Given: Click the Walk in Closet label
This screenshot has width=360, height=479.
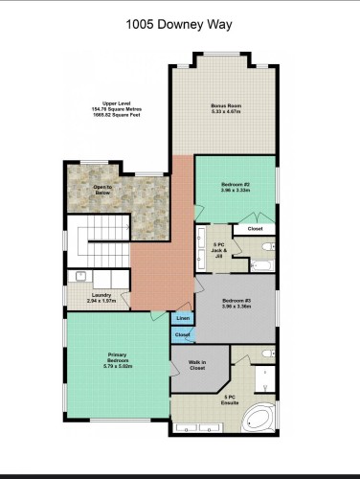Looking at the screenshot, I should pyautogui.click(x=196, y=367).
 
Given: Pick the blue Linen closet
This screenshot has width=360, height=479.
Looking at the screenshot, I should pyautogui.click(x=183, y=319).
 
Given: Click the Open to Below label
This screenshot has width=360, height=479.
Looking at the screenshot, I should pyautogui.click(x=103, y=190).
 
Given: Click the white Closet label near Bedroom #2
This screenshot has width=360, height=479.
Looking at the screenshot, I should pyautogui.click(x=255, y=229).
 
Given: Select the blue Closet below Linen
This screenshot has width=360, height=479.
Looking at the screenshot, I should pyautogui.click(x=182, y=334).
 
